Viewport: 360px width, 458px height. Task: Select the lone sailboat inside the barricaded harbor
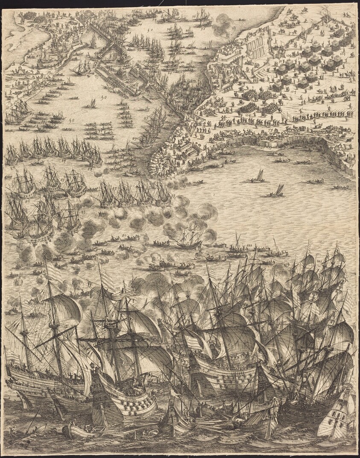point(91,104)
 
